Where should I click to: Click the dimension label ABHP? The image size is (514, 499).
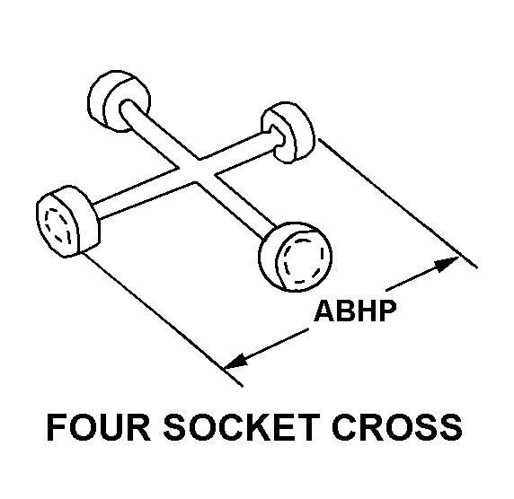pyautogui.click(x=355, y=311)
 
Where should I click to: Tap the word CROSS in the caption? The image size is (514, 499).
pyautogui.click(x=397, y=427)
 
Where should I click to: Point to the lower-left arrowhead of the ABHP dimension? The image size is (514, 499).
pyautogui.click(x=236, y=361)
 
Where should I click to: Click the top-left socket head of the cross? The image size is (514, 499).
pyautogui.click(x=119, y=101)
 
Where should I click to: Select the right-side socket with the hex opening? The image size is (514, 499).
pyautogui.click(x=288, y=132)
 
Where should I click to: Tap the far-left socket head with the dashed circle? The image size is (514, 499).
pyautogui.click(x=67, y=222)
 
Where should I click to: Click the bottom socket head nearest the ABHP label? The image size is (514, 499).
pyautogui.click(x=295, y=257)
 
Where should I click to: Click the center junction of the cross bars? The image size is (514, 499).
pyautogui.click(x=197, y=171)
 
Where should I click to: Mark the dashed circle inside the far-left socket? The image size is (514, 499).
pyautogui.click(x=58, y=226)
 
